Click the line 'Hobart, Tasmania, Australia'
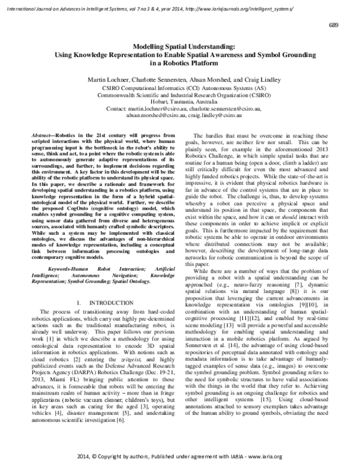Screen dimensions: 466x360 (179, 101)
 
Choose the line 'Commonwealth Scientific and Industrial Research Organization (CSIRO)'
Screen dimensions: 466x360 (179, 95)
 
